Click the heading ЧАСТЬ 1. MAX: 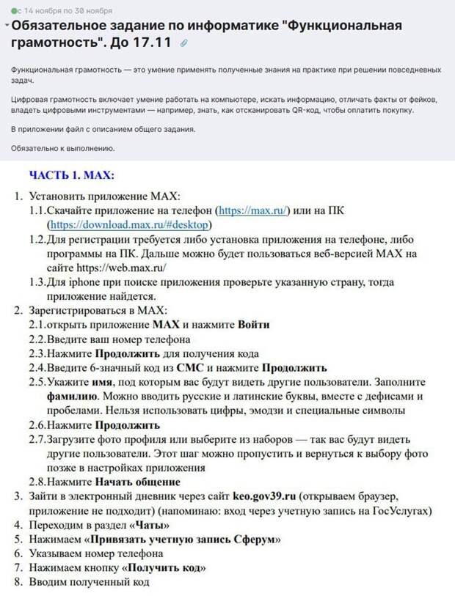(x=71, y=175)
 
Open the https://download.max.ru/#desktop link (x=128, y=224)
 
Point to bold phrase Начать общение (x=137, y=482)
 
